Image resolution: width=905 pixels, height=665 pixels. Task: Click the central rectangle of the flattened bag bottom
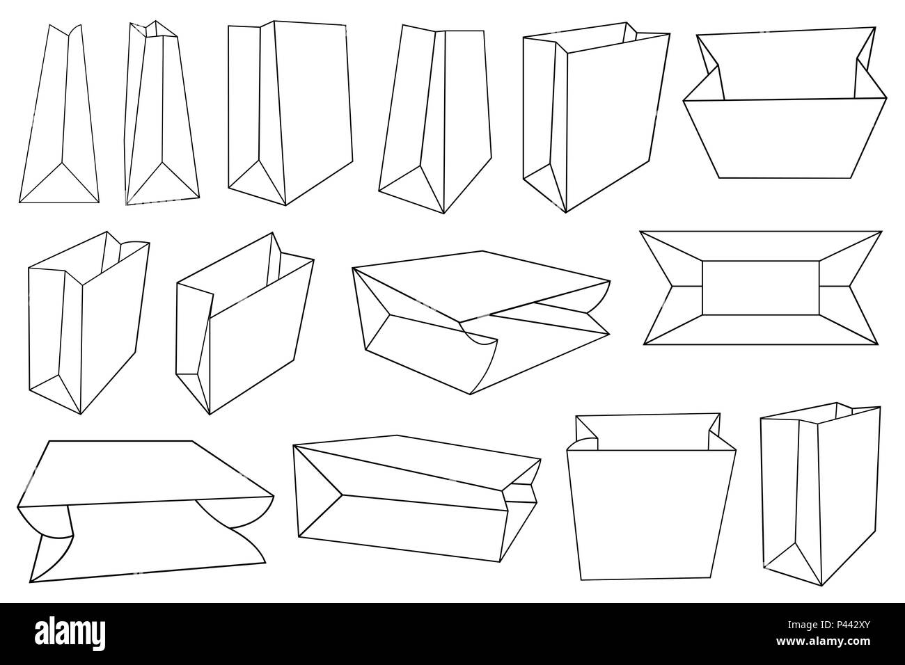pyautogui.click(x=761, y=287)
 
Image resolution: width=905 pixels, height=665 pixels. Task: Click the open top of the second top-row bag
pyautogui.click(x=155, y=29)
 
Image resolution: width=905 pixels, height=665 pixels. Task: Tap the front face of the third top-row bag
pyautogui.click(x=313, y=104)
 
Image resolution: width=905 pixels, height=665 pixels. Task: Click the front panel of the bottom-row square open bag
pyautogui.click(x=651, y=515)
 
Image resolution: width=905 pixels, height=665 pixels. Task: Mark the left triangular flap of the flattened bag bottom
pyautogui.click(x=658, y=287)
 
